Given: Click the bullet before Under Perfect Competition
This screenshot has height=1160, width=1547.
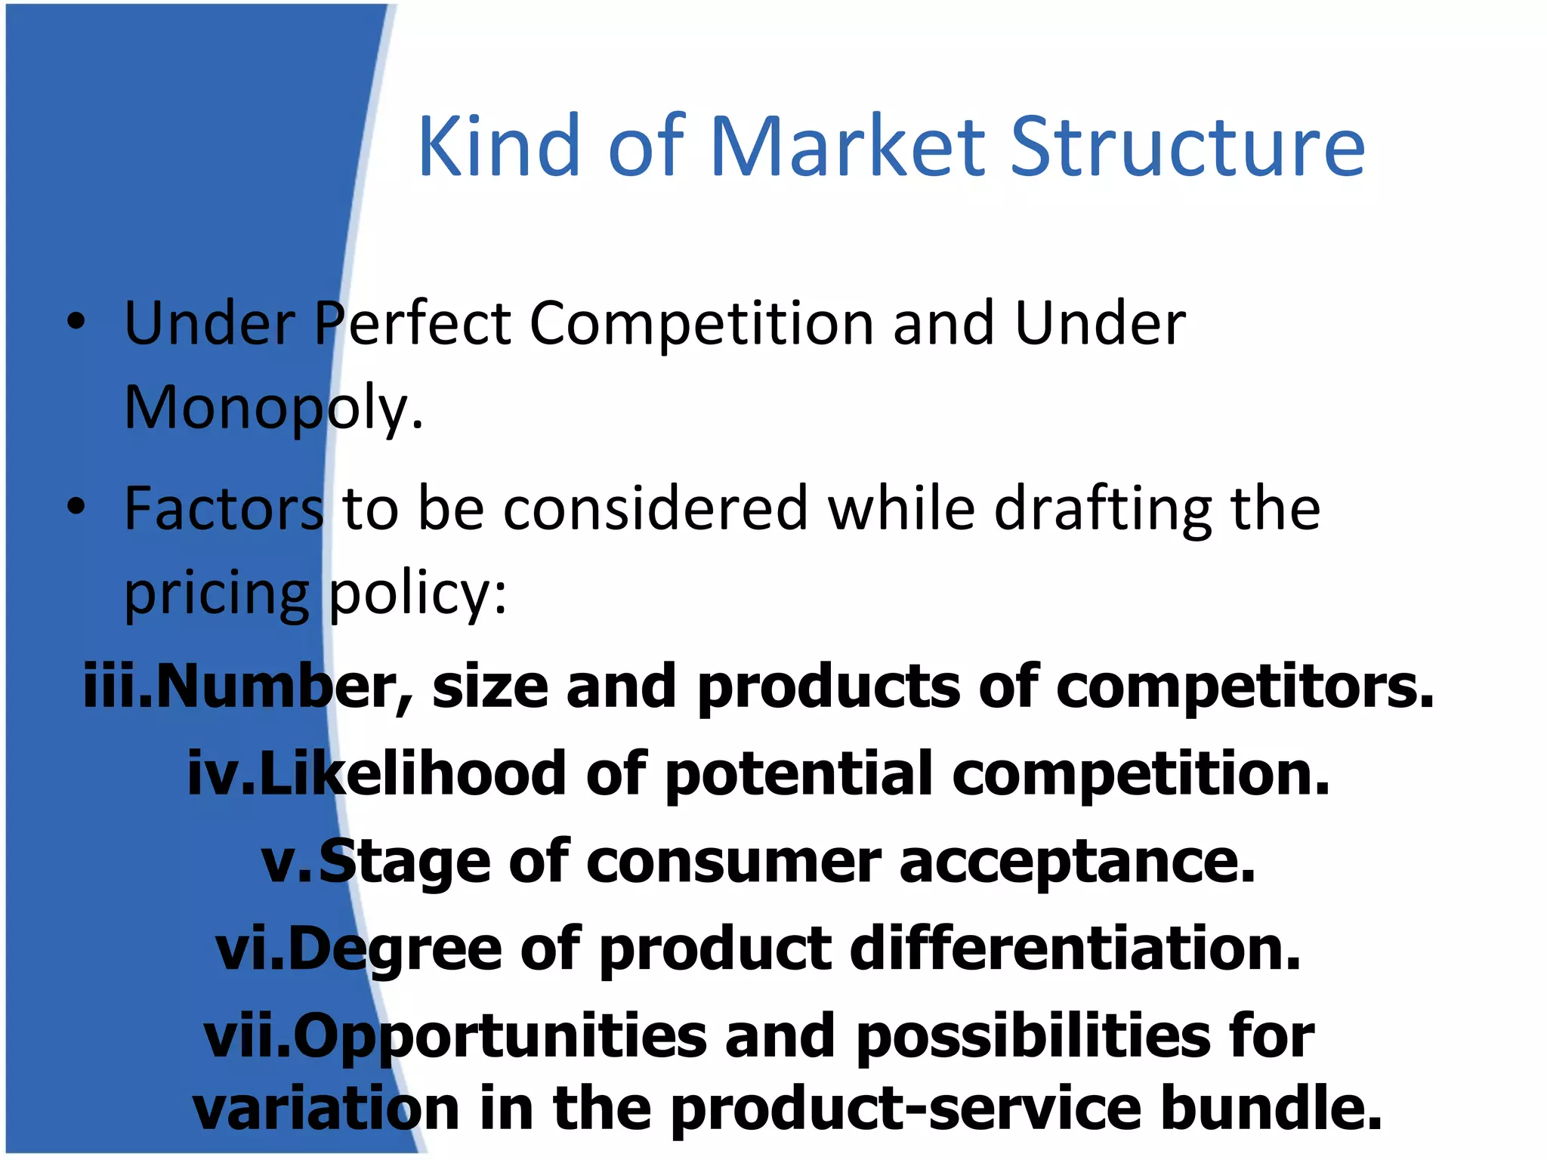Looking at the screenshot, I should (x=76, y=322).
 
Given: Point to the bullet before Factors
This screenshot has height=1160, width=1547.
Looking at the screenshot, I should (x=76, y=508).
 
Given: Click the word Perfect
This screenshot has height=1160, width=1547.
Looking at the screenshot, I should (x=412, y=323).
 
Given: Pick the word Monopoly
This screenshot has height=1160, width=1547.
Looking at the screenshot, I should (x=273, y=408).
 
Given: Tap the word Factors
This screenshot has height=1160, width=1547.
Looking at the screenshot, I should (x=224, y=508).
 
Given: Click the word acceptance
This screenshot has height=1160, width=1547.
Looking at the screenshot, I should (x=1077, y=862).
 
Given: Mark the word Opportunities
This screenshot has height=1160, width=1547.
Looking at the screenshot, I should (x=499, y=1037).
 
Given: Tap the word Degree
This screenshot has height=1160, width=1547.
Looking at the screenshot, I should (x=394, y=949).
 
